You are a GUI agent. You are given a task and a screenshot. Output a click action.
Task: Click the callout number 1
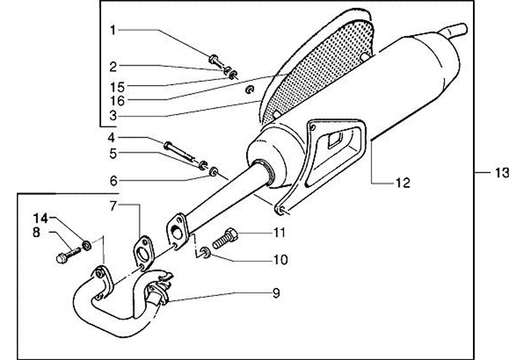coord(113,30)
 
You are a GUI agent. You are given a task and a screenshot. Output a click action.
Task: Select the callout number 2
coord(113,66)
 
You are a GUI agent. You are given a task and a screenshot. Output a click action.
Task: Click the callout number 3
coord(113,116)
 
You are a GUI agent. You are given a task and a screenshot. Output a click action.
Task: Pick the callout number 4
coord(112,137)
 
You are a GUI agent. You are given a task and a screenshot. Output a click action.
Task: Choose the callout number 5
coord(112,153)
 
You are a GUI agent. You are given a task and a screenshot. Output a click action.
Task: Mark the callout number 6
coord(112,180)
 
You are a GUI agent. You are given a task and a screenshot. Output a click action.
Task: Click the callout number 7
coord(113,207)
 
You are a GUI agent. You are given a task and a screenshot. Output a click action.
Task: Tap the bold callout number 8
coord(36,233)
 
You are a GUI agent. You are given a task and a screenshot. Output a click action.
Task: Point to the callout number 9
coord(276,294)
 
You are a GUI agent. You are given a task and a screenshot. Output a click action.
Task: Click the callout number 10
coord(280,260)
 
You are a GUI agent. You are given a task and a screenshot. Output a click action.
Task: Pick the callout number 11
coord(280,233)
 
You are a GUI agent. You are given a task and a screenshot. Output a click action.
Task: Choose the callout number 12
coord(402,182)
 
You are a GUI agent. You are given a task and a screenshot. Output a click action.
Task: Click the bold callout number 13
coord(499,172)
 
